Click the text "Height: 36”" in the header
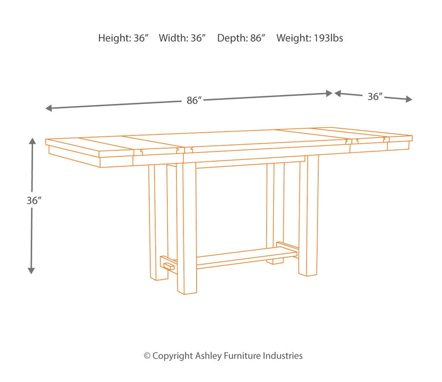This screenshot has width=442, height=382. [x=123, y=38]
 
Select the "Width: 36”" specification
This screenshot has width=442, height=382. [x=182, y=38]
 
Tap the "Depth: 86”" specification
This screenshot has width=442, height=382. [x=241, y=38]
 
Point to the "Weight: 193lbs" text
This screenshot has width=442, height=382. [x=309, y=38]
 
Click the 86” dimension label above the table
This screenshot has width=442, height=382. [x=194, y=101]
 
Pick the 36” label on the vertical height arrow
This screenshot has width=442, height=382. [x=34, y=201]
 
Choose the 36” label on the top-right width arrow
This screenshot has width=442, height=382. [x=375, y=97]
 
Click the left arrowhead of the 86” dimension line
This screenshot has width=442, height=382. [x=49, y=108]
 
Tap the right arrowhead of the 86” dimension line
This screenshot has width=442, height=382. [x=329, y=93]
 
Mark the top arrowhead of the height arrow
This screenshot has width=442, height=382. [x=32, y=141]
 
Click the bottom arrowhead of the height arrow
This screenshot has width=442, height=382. [x=31, y=270]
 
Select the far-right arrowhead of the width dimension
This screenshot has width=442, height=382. [x=409, y=99]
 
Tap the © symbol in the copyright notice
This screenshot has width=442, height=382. [x=147, y=356]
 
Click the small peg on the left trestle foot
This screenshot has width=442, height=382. [x=169, y=266]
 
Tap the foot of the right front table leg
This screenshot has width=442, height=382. [x=308, y=273]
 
